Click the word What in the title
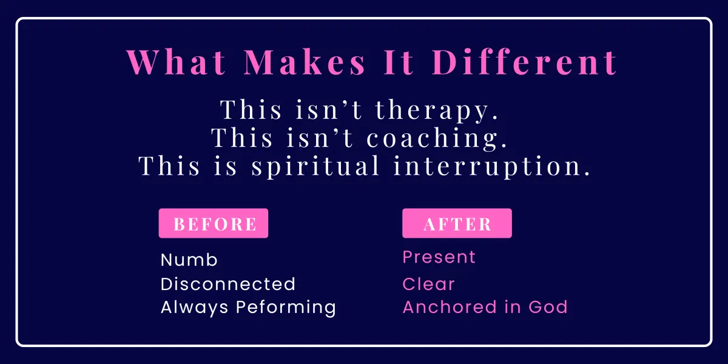[x=176, y=62]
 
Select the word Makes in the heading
[x=305, y=62]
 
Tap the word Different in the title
[x=524, y=62]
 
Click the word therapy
[x=437, y=110]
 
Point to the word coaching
[x=437, y=138]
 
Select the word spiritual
[x=315, y=166]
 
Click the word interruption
[x=492, y=166]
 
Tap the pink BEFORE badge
[x=214, y=223]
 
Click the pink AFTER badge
[x=457, y=223]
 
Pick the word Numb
[x=189, y=260]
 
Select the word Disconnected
[x=228, y=284]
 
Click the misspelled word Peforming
[x=286, y=308]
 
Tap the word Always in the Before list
[x=194, y=308]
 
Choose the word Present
[x=439, y=257]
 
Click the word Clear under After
[x=428, y=284]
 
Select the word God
[x=548, y=307]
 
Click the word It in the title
[x=399, y=62]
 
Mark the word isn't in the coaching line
[x=320, y=138]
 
